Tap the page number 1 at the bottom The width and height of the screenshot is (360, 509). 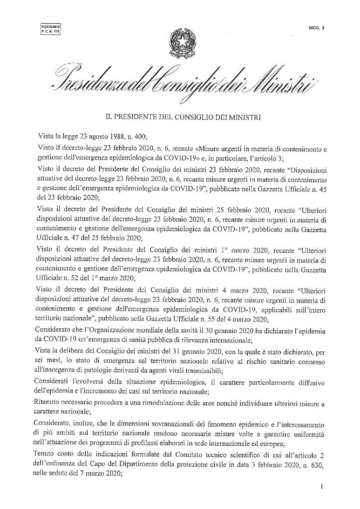323,488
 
